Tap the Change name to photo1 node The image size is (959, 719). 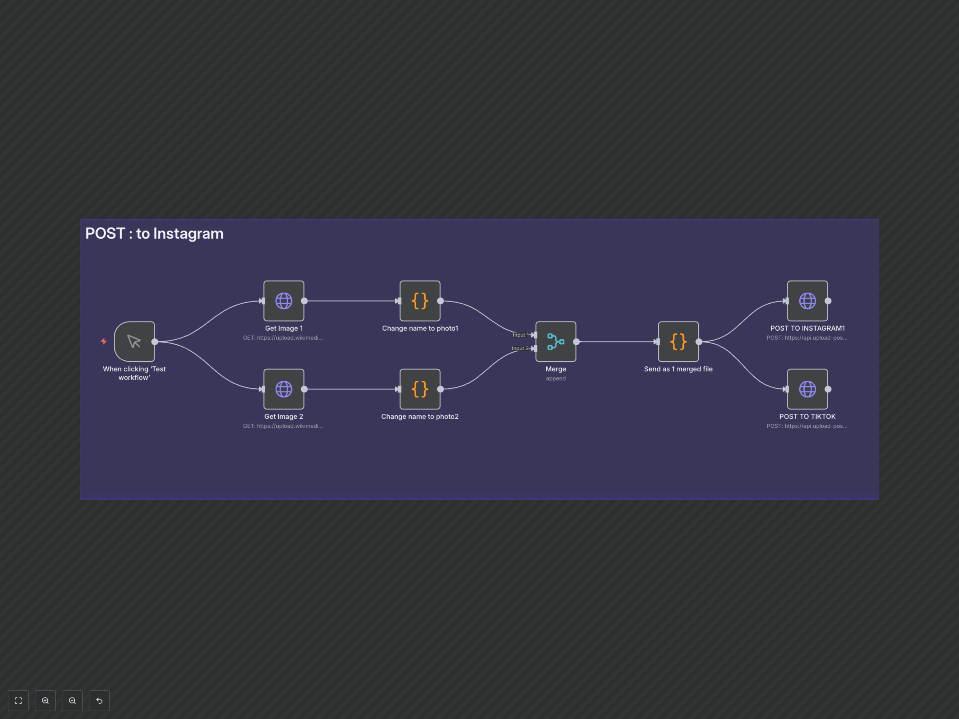click(x=420, y=301)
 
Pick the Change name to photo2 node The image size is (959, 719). click(x=420, y=389)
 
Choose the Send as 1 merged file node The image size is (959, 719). click(x=678, y=342)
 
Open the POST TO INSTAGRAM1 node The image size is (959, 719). click(x=807, y=301)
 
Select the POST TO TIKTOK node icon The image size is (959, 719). click(x=807, y=389)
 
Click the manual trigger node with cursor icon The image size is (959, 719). click(x=134, y=342)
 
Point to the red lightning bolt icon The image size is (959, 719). click(x=104, y=342)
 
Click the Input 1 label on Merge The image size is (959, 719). click(x=519, y=335)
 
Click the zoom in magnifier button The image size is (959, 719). click(x=45, y=700)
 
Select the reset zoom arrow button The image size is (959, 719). click(x=99, y=700)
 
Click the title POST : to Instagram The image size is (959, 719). click(x=154, y=234)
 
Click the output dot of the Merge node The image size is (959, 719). click(x=576, y=342)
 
